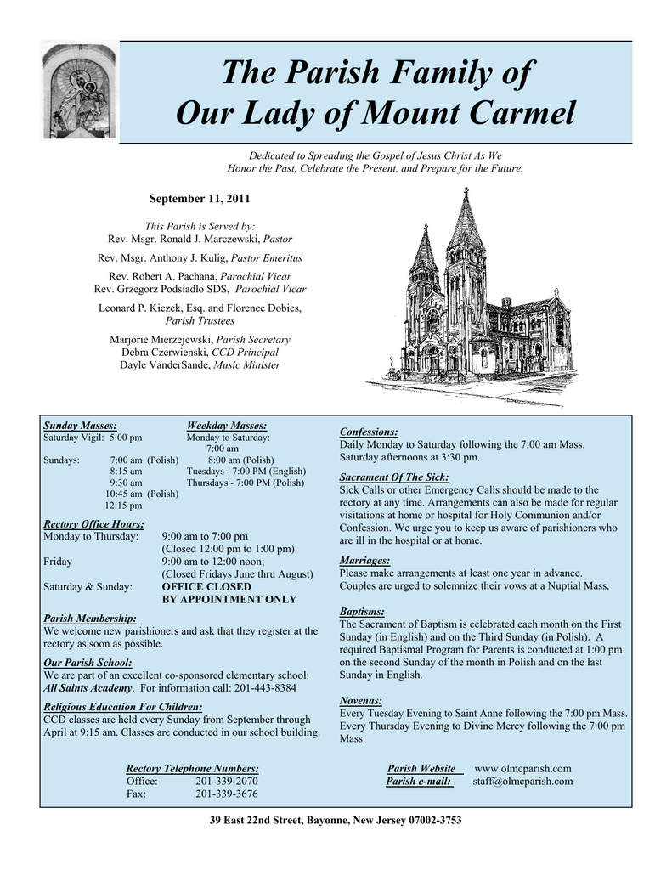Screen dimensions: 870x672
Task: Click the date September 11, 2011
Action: click(x=200, y=199)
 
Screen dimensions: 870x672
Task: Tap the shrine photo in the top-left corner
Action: click(x=80, y=91)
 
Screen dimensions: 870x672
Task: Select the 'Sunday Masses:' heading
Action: click(x=80, y=426)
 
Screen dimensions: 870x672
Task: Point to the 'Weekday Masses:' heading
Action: click(x=226, y=426)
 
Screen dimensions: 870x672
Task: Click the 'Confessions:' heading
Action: click(x=369, y=432)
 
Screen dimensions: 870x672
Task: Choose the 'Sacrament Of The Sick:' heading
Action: click(x=394, y=477)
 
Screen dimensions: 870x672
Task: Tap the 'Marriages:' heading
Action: click(x=365, y=561)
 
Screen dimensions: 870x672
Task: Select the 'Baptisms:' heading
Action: click(x=362, y=611)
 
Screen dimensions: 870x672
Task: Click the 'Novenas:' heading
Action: click(x=361, y=700)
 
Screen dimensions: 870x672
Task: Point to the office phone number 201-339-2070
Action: click(x=227, y=781)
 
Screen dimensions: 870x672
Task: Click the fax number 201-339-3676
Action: click(x=227, y=794)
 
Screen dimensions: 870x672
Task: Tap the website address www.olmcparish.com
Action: click(x=522, y=768)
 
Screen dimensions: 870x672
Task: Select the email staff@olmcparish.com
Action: click(x=522, y=781)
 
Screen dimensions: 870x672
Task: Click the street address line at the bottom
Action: click(x=336, y=820)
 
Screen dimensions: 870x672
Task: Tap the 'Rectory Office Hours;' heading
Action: click(x=93, y=523)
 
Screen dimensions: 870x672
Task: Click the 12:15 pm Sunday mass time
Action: click(x=123, y=506)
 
